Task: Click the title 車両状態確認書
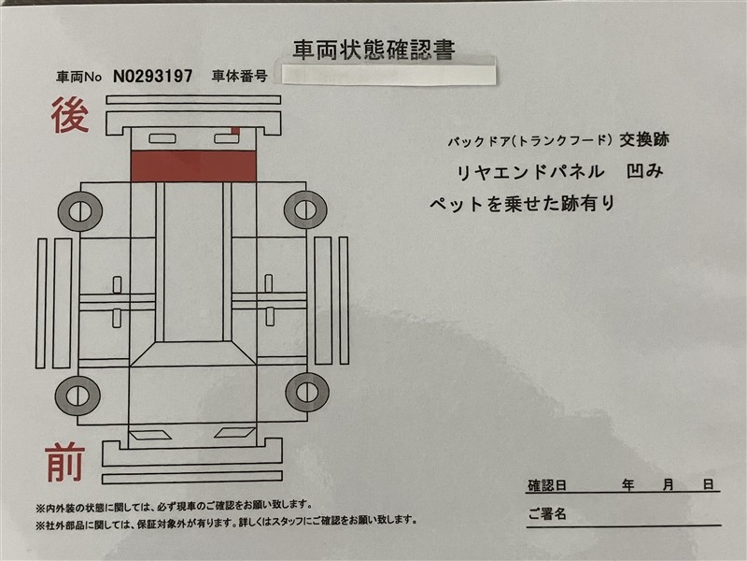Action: click(x=374, y=50)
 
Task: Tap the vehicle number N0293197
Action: click(x=153, y=76)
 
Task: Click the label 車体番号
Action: click(x=239, y=76)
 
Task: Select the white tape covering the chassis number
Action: click(x=388, y=73)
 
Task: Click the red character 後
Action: click(x=71, y=115)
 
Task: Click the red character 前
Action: click(x=65, y=463)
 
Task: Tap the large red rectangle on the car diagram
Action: click(x=193, y=166)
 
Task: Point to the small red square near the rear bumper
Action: click(x=236, y=130)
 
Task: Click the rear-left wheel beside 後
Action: click(x=80, y=211)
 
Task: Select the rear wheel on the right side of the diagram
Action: click(x=305, y=209)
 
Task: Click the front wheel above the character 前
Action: click(x=78, y=396)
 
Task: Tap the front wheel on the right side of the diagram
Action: click(x=307, y=392)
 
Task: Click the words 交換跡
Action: click(x=644, y=139)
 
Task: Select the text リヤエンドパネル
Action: click(x=530, y=172)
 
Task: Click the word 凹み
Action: click(x=644, y=171)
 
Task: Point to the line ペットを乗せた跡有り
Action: click(x=522, y=204)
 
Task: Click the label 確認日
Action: click(x=547, y=485)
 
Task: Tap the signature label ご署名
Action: click(x=547, y=513)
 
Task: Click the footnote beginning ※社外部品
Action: click(x=226, y=521)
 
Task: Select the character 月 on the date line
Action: click(x=669, y=485)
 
